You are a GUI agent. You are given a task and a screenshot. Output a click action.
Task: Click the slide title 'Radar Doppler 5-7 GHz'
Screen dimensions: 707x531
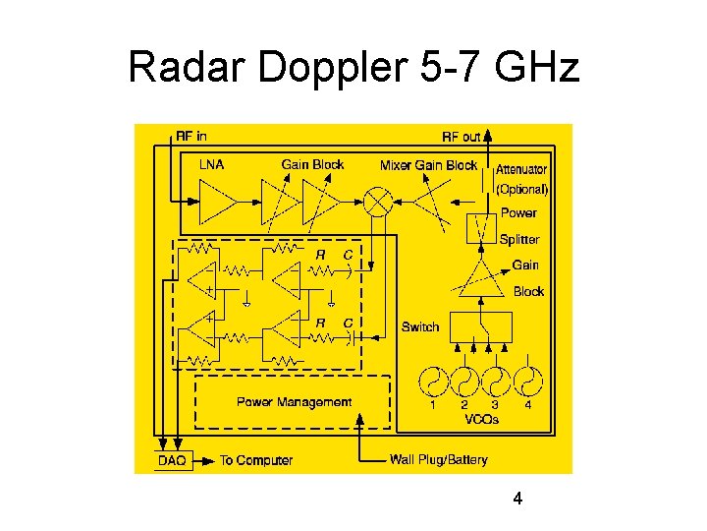click(353, 68)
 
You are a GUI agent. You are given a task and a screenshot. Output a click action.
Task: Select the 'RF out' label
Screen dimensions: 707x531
click(462, 137)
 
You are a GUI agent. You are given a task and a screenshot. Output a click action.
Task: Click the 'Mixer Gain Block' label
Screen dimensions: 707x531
click(428, 164)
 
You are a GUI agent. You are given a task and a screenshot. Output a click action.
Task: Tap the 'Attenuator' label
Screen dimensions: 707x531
click(521, 169)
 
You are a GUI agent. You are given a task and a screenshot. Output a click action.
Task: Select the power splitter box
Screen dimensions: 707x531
click(480, 228)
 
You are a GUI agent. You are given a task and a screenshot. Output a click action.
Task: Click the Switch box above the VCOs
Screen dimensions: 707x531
click(480, 325)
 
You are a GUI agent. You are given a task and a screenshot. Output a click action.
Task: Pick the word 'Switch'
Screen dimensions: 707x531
click(420, 326)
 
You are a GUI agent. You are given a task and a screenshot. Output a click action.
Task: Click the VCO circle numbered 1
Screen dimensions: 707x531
click(434, 381)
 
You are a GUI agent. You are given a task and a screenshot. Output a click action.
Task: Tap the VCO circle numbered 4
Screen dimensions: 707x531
click(528, 381)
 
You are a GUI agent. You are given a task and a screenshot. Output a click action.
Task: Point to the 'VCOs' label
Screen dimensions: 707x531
click(481, 419)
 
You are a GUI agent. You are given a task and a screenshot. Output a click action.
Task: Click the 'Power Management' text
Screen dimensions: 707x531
click(294, 401)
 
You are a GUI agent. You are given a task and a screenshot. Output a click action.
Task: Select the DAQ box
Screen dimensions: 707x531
click(172, 459)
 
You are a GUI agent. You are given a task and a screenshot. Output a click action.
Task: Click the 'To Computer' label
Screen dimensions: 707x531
click(256, 459)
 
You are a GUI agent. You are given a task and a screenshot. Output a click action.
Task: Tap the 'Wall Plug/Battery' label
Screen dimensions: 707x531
click(438, 459)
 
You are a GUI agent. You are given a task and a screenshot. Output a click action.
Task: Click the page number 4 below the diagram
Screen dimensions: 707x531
click(517, 500)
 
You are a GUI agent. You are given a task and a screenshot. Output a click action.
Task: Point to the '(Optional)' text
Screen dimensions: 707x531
click(521, 189)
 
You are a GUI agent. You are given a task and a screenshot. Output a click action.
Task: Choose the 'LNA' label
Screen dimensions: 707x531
click(211, 164)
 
